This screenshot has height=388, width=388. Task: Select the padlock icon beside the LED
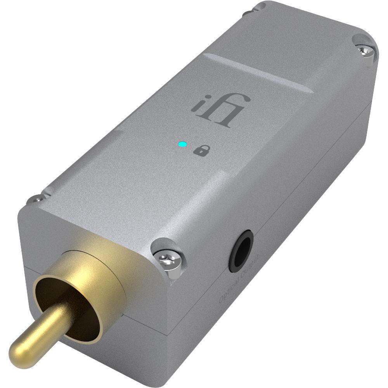[199, 151]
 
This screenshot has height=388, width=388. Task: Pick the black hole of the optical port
[241, 252]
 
